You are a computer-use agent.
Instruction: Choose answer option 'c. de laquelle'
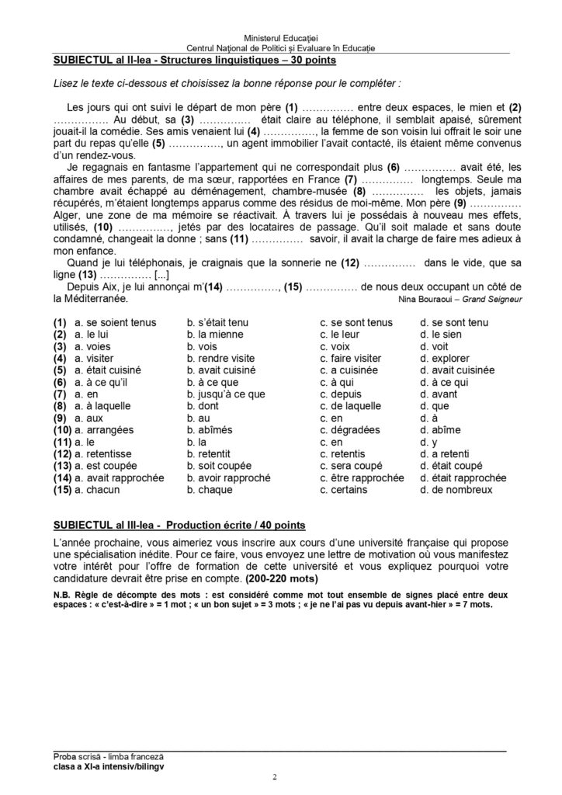tap(352, 406)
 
